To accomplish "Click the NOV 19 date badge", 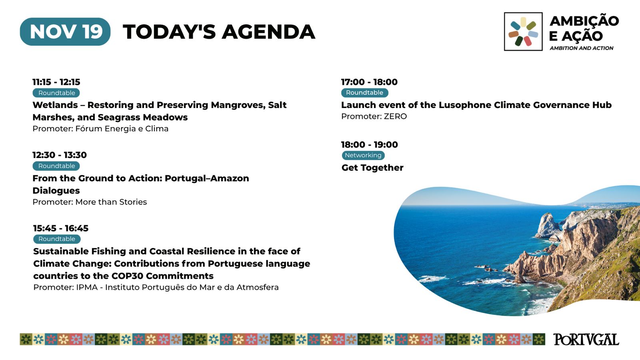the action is [65, 32].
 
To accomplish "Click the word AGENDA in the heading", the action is [268, 32].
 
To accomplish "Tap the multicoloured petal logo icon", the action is [523, 32].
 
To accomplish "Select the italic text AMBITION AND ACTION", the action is [582, 48].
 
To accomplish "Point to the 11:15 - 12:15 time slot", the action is [56, 82].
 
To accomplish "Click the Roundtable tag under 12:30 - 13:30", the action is [56, 166].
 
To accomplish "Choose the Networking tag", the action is [363, 155].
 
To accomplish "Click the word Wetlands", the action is [55, 105].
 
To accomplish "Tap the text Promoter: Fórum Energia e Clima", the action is [100, 128].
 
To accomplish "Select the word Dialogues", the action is [56, 190].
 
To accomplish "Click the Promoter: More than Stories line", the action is [90, 202].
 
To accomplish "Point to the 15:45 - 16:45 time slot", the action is [61, 228].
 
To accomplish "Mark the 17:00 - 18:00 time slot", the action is [369, 82].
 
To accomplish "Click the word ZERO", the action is [395, 116].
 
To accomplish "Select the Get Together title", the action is [372, 168].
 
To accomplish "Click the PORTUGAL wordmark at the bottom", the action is [586, 340].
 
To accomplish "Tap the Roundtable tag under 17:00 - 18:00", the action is [364, 92].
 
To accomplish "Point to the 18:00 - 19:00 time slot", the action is [370, 144].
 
